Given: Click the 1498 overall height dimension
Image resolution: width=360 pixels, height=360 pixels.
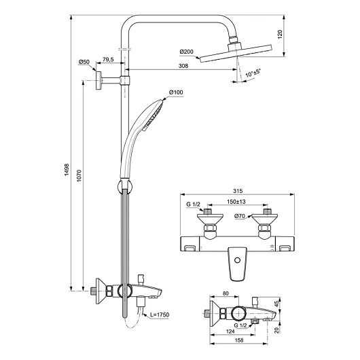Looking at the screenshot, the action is pos(67,170).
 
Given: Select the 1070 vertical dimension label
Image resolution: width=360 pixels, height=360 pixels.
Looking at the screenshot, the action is pos(79,176).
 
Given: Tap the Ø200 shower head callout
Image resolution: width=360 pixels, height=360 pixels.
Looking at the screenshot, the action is pos(186,52).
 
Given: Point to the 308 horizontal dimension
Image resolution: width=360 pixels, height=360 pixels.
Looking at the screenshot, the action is pos(183,66).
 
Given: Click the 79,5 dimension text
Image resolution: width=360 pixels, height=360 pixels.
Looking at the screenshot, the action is pos(108,60).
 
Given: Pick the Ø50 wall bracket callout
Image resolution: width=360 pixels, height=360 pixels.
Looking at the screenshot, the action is pos(84,62).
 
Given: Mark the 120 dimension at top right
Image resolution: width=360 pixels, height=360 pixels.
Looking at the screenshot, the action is pos(280,34).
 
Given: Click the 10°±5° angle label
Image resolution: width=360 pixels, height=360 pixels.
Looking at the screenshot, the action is pos(253,73).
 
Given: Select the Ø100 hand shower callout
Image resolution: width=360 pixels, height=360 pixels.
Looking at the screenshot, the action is pos(176,92).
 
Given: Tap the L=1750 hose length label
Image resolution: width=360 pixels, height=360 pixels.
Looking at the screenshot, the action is pos(160,314).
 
